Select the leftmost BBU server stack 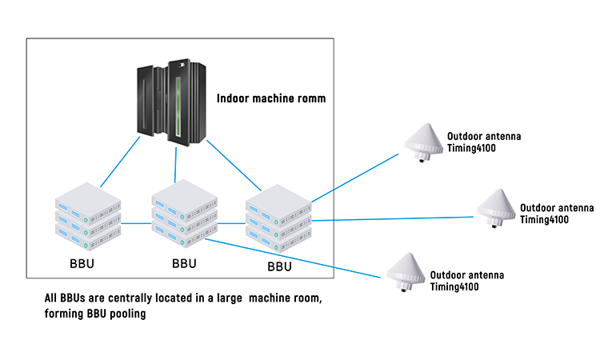[87, 215]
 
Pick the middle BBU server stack [183, 215]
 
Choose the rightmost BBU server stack [278, 214]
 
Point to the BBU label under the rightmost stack [279, 266]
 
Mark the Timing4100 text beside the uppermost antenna [473, 148]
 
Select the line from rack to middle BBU [176, 163]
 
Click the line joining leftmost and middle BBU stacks [136, 224]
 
